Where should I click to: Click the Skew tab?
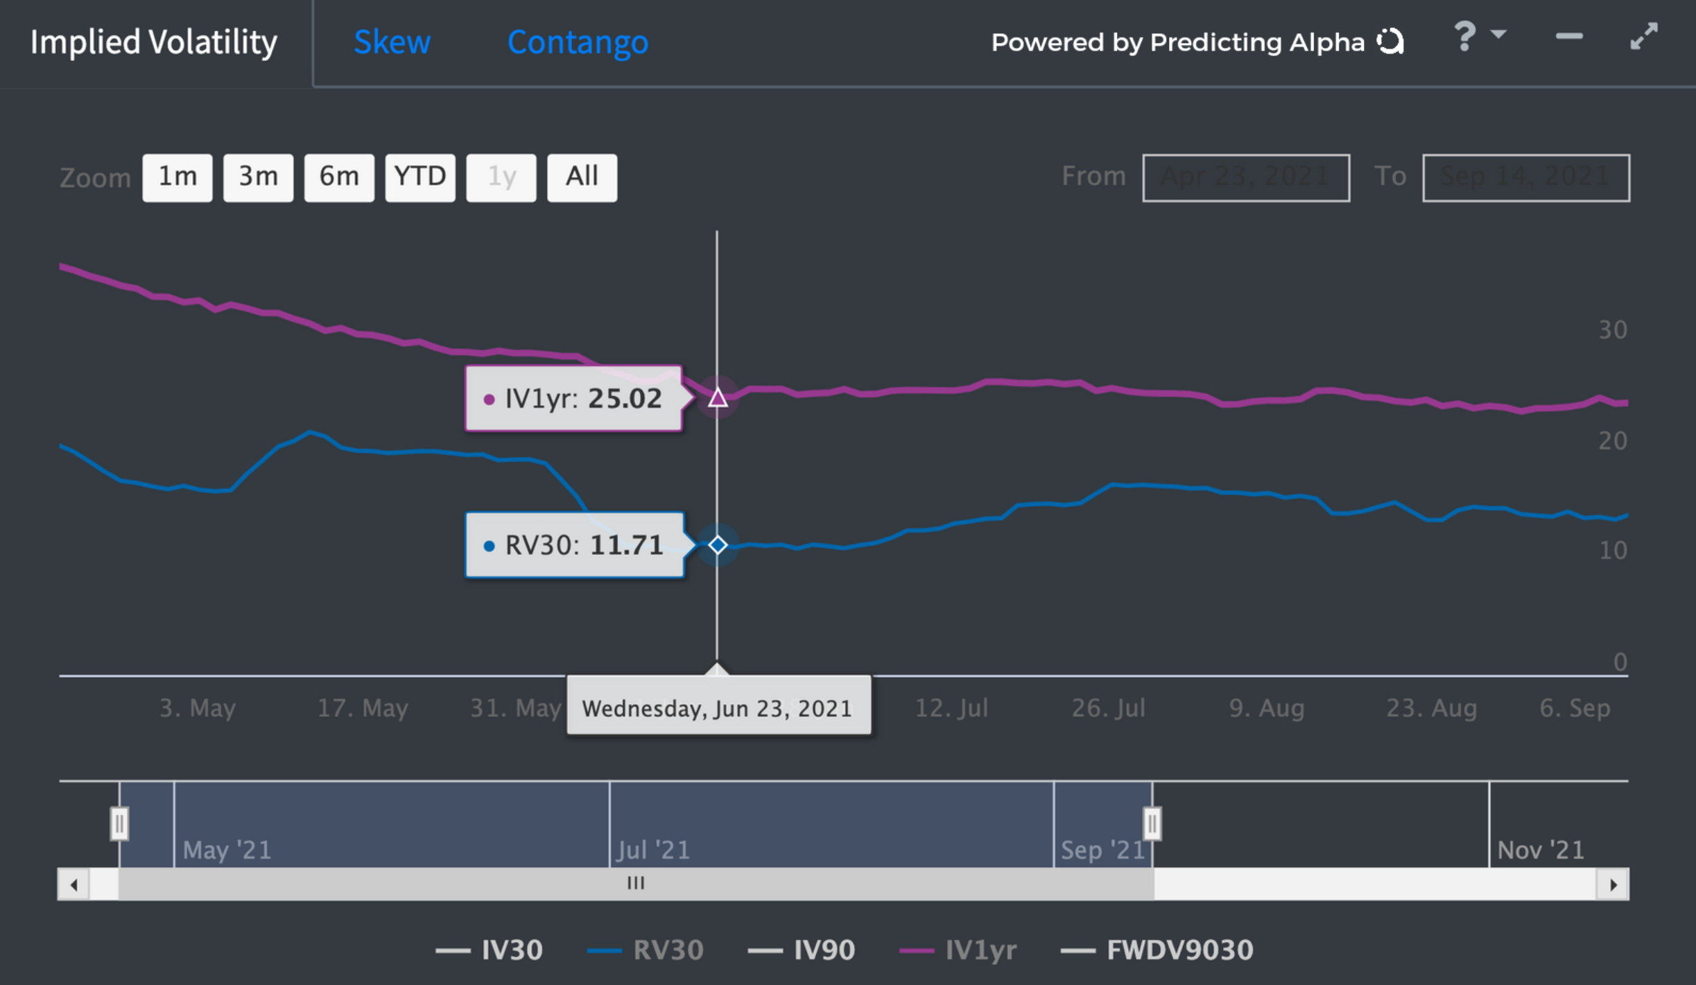(x=392, y=42)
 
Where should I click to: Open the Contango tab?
(x=578, y=42)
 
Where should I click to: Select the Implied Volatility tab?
(x=154, y=42)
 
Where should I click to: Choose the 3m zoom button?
(x=258, y=178)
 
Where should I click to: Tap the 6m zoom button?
(x=339, y=178)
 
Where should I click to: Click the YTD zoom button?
(x=420, y=178)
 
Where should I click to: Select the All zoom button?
(x=582, y=178)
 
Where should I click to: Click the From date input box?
(x=1245, y=178)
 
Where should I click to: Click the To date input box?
(x=1525, y=178)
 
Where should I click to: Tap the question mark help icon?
(x=1464, y=36)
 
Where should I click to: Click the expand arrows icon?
(x=1644, y=36)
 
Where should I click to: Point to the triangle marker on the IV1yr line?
(x=718, y=398)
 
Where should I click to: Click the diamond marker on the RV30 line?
(x=718, y=545)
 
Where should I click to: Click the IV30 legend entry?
(x=490, y=950)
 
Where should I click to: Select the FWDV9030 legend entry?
(x=1157, y=950)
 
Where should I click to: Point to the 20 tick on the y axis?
(x=1612, y=440)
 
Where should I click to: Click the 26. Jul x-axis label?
(x=1108, y=708)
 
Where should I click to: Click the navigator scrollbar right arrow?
(x=1613, y=884)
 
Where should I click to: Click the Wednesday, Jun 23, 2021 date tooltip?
(x=718, y=708)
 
